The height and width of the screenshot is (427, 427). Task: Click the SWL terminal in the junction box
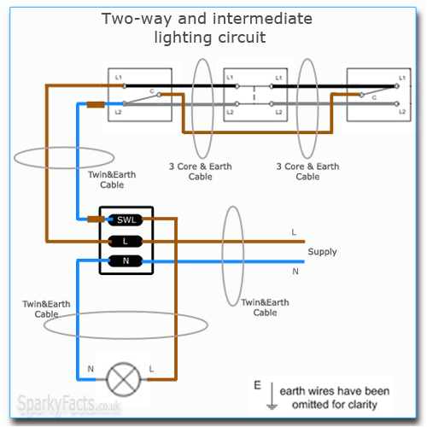(x=126, y=219)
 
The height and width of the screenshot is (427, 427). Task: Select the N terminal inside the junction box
(x=126, y=260)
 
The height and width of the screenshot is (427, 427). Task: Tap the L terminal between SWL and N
(x=126, y=240)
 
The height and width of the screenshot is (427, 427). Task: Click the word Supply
(x=322, y=252)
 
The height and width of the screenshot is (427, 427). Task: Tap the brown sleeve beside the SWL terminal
(x=95, y=219)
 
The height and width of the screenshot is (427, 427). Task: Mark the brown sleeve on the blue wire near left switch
(x=95, y=105)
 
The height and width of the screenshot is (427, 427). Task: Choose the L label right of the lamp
(x=150, y=369)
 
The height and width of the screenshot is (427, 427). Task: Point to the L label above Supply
(x=294, y=232)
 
